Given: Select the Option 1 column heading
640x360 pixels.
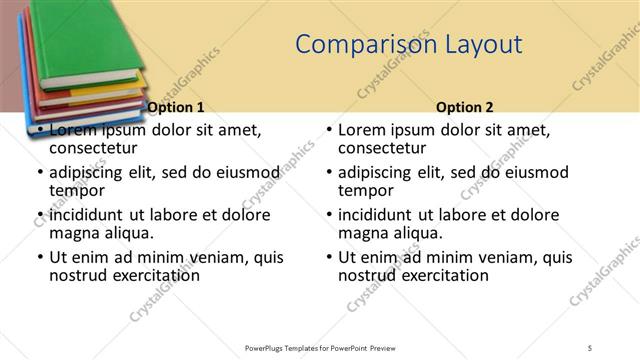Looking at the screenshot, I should pos(176,107).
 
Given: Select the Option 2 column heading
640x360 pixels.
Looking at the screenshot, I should pos(465,107).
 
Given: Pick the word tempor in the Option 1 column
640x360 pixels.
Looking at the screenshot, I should pos(77,190).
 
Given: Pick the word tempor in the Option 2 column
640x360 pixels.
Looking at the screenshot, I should pos(366,190).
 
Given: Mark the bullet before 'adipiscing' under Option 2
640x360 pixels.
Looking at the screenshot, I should pos(329,173).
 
